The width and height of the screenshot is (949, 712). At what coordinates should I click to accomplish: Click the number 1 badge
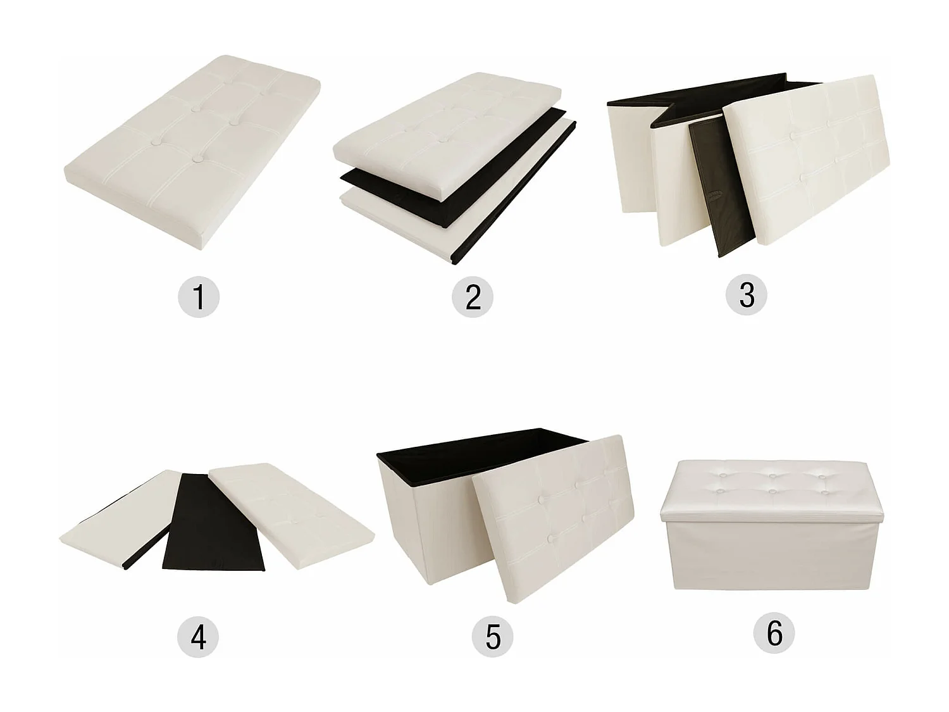(199, 297)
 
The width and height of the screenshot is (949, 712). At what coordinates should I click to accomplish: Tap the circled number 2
(473, 297)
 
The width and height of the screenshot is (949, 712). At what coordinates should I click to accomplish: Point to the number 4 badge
(198, 637)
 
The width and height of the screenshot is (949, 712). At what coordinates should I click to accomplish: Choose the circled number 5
(492, 637)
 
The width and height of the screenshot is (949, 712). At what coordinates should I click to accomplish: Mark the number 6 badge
(774, 634)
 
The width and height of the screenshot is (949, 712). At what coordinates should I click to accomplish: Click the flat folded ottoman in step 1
(192, 151)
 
